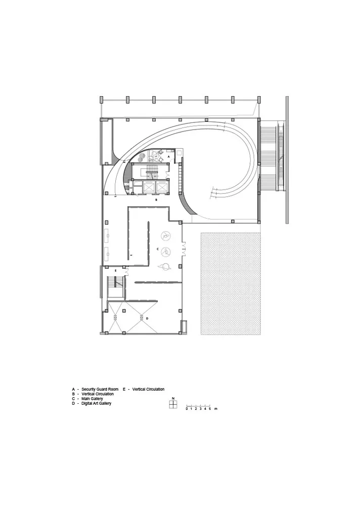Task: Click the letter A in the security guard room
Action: [168, 156]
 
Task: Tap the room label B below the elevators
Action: [156, 200]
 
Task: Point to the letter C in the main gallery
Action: [157, 249]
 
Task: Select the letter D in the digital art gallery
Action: [147, 318]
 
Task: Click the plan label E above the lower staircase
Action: [115, 270]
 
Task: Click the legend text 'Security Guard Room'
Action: [100, 389]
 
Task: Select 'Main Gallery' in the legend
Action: [92, 399]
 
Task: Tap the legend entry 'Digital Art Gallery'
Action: [97, 403]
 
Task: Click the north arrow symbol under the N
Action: [173, 404]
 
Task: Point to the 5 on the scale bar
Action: [210, 409]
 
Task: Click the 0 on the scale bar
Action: [187, 409]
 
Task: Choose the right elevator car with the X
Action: [161, 187]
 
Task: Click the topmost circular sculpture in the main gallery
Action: [166, 236]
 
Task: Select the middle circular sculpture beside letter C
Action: [166, 251]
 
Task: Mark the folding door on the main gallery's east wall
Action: [184, 249]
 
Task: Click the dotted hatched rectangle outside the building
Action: [231, 283]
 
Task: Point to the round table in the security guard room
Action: [157, 157]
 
